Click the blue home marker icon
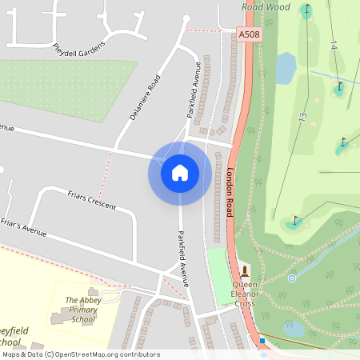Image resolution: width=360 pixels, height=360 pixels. click(180, 172)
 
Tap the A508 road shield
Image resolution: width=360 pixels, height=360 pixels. click(249, 34)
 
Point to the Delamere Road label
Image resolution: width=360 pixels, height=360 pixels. click(145, 98)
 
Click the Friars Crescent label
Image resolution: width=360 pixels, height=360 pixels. click(91, 201)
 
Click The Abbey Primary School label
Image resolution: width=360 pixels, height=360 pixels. click(80, 310)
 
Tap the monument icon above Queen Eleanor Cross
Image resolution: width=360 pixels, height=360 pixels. click(245, 270)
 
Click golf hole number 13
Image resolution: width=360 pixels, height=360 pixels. click(302, 117)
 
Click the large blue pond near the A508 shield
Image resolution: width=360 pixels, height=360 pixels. click(286, 67)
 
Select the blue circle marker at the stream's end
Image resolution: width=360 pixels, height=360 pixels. click(292, 278)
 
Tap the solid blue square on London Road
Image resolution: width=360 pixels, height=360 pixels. click(262, 342)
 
